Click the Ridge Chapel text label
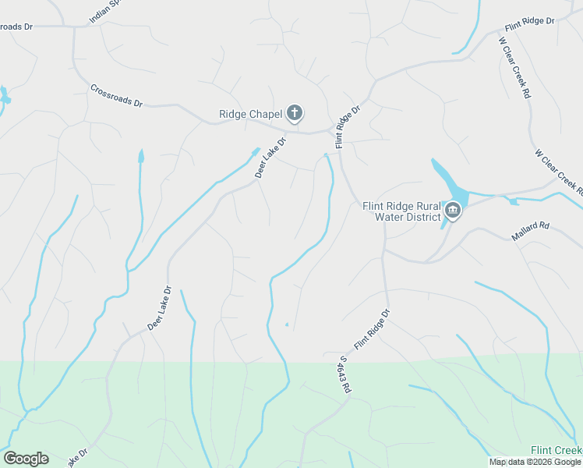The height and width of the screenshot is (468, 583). tap(249, 115)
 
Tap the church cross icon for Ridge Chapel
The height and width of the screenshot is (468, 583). tap(295, 114)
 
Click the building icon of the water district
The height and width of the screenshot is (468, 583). tap(453, 211)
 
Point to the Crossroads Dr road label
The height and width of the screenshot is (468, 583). tap(117, 96)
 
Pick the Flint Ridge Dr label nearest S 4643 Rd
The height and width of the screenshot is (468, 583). tap(371, 329)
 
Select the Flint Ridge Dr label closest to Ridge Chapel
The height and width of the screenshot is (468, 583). tap(348, 126)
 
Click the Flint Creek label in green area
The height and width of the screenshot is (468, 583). tap(556, 450)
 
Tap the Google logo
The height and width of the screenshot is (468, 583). tap(26, 459)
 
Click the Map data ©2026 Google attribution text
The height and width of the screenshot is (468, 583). tap(535, 462)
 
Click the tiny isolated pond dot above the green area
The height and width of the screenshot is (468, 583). tap(287, 324)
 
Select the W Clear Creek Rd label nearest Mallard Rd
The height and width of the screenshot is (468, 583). tap(558, 172)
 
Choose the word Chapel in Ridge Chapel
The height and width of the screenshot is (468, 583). tap(265, 115)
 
